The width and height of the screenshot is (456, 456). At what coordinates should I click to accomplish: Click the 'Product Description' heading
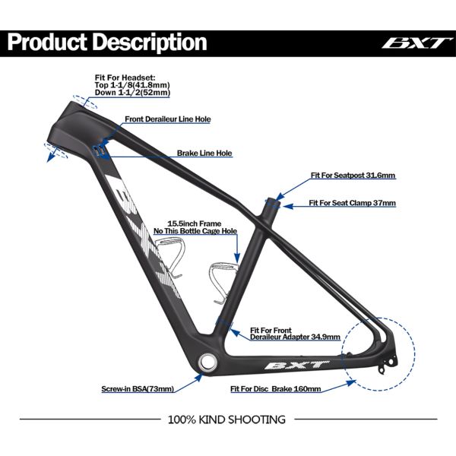(x=107, y=41)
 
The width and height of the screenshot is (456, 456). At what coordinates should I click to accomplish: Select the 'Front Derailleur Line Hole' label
(x=167, y=119)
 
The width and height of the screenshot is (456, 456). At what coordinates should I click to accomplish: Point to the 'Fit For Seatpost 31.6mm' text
(x=353, y=176)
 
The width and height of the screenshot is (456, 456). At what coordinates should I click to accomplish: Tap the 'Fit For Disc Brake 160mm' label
(x=275, y=388)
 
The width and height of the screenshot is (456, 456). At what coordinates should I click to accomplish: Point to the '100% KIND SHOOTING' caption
(x=226, y=419)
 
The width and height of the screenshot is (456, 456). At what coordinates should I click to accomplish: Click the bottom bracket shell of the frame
(x=207, y=360)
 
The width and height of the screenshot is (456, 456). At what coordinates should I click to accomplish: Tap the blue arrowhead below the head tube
(x=49, y=157)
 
